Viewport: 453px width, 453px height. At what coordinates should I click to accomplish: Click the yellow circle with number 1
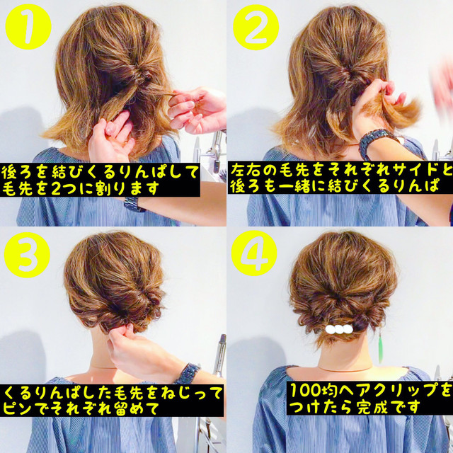pos(28,27)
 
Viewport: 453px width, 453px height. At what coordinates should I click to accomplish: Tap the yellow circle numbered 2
pos(256,27)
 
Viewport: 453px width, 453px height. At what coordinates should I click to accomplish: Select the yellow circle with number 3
pos(27,255)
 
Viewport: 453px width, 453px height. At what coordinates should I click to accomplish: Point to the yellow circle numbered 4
pos(254,253)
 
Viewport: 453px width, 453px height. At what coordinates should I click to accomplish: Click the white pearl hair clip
pos(339,329)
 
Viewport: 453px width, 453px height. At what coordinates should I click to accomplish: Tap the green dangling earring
pos(381,348)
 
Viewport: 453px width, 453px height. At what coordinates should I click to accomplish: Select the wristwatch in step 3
pos(188,373)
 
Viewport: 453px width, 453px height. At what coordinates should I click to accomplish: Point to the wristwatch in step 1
pos(134,205)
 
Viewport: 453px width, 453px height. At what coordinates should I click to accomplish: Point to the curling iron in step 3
pos(221,355)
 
